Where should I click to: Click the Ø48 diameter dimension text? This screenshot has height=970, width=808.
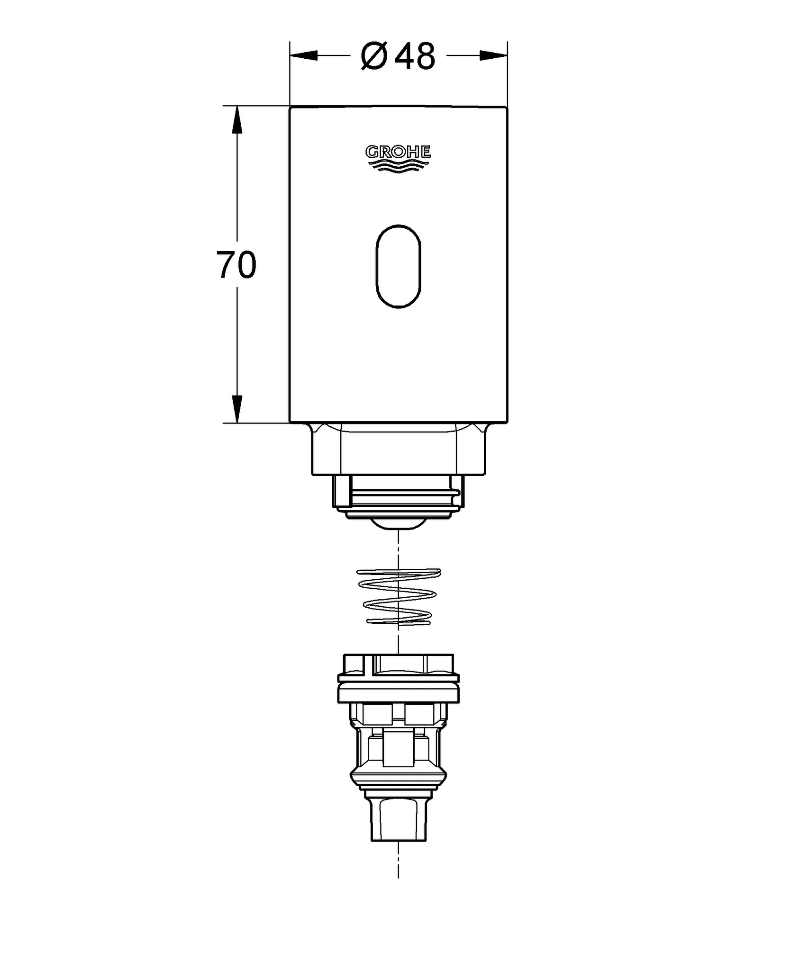click(x=398, y=56)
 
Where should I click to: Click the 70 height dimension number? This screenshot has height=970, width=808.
click(x=236, y=265)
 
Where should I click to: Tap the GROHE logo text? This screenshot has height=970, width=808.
click(x=398, y=152)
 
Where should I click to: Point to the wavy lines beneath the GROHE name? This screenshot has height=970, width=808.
click(x=398, y=165)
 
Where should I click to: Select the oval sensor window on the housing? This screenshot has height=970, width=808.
click(x=398, y=267)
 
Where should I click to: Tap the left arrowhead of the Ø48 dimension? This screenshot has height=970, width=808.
click(x=304, y=55)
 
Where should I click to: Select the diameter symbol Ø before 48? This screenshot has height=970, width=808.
click(x=374, y=56)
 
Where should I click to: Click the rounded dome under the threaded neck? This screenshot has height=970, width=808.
click(x=398, y=524)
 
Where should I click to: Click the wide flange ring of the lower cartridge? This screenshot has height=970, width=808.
click(x=398, y=695)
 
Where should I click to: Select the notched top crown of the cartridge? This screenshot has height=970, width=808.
click(x=398, y=663)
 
